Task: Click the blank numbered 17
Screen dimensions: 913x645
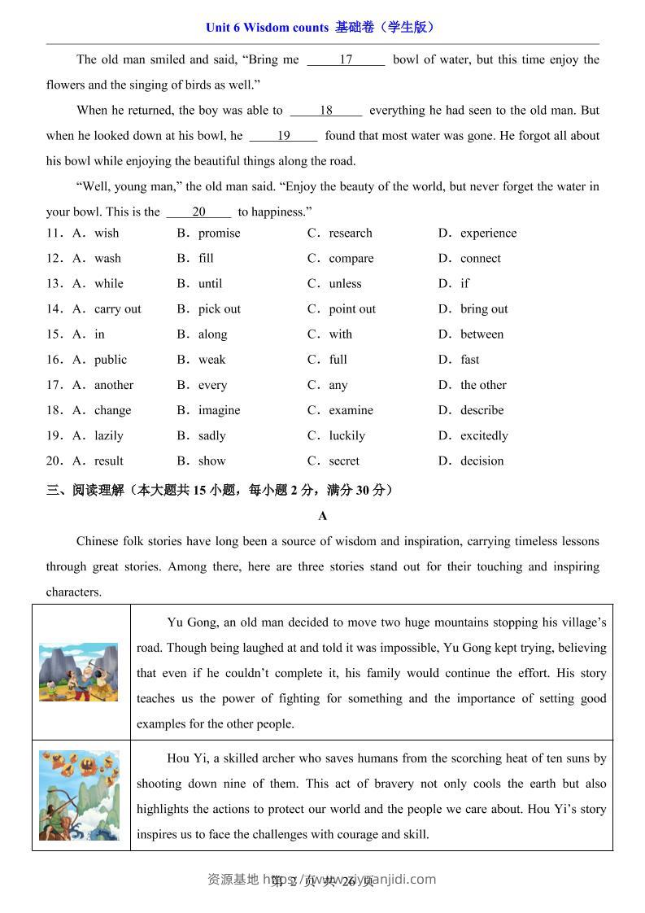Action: pos(346,59)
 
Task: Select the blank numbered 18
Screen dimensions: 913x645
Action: pos(326,111)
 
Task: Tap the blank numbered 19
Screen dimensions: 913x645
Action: pos(283,136)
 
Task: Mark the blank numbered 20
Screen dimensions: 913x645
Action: pos(198,212)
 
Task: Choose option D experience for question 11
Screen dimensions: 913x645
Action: pos(488,234)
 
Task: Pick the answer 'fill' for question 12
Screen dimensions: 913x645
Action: pos(206,259)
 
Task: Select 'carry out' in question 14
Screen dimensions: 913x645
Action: pos(117,309)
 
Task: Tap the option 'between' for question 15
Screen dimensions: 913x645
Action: pos(482,334)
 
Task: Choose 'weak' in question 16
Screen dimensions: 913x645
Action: pos(211,360)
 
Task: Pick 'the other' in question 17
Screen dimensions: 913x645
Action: pos(483,385)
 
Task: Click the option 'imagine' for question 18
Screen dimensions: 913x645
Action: pos(219,410)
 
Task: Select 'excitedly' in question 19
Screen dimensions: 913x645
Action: pos(484,435)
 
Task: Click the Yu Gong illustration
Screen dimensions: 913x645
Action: pos(79,672)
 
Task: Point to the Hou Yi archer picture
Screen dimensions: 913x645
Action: pos(79,795)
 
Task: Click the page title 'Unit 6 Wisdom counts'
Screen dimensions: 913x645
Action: pos(268,28)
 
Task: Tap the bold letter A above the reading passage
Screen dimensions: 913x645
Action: pos(323,516)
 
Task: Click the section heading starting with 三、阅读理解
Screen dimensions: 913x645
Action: pos(220,490)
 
